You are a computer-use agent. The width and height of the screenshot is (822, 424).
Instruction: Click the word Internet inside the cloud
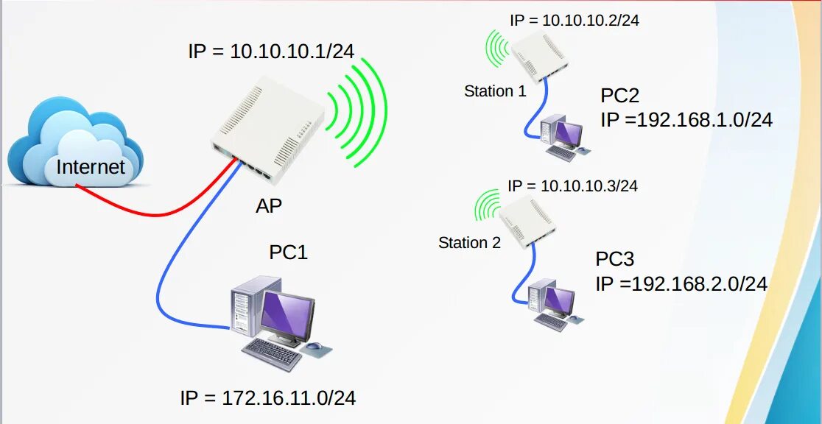click(x=91, y=167)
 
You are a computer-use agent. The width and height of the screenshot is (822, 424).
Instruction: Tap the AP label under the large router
click(x=268, y=206)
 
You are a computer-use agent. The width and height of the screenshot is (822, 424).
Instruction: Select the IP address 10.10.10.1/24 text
click(x=271, y=51)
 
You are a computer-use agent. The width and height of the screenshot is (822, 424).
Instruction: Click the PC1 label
click(x=288, y=252)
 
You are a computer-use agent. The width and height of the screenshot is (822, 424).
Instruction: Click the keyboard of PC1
click(x=272, y=354)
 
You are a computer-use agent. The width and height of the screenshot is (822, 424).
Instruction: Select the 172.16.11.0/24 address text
click(x=268, y=398)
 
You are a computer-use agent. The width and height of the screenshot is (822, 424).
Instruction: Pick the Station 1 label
click(x=495, y=91)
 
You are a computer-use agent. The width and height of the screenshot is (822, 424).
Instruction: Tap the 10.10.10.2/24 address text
click(x=574, y=21)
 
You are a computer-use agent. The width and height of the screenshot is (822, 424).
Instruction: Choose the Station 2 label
click(x=469, y=242)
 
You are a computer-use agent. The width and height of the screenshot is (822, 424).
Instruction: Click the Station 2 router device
click(x=527, y=221)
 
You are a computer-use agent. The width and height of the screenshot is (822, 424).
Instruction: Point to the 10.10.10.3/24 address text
click(x=572, y=185)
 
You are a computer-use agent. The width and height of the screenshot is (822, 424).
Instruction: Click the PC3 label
click(x=614, y=259)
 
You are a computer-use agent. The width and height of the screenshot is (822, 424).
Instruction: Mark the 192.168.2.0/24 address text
click(x=681, y=283)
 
